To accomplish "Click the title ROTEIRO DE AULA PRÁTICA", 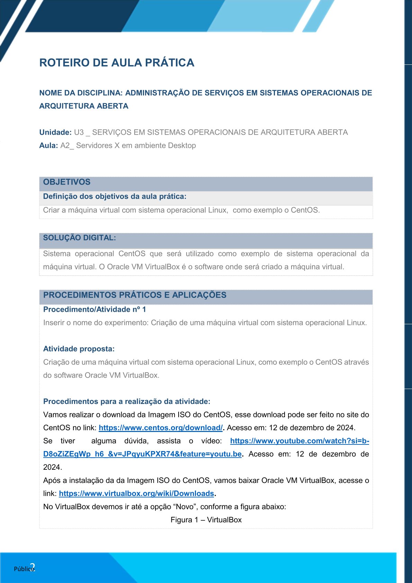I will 117,63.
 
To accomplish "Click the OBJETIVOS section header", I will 66,182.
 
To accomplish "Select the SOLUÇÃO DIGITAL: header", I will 79,238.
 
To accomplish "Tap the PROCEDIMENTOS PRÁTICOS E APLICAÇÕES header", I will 135,295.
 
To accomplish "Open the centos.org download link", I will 161,428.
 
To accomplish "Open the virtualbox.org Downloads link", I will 136,494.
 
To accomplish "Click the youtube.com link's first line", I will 299,441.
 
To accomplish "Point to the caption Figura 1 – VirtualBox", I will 206,520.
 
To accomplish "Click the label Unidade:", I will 55,132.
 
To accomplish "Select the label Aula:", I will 48,145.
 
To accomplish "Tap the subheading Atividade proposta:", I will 79,349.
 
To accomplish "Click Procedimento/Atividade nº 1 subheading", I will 95,309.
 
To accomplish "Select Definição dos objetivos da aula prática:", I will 115,196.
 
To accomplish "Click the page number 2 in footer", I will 33,567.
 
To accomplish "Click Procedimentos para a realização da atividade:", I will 127,401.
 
